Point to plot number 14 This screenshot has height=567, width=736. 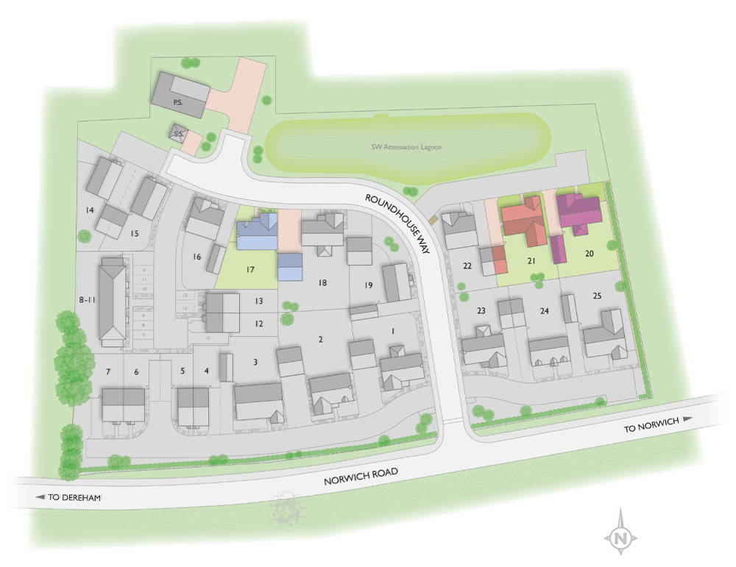coord(90,210)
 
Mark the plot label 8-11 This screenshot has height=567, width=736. coord(88,299)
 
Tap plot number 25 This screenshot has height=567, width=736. coord(596,296)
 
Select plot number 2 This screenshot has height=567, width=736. coord(320,339)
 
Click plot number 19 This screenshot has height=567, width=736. coord(369,284)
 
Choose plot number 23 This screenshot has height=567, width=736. coord(481,311)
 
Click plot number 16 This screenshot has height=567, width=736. coord(196,257)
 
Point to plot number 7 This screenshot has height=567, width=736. coord(108,371)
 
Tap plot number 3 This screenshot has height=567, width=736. coord(255,361)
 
